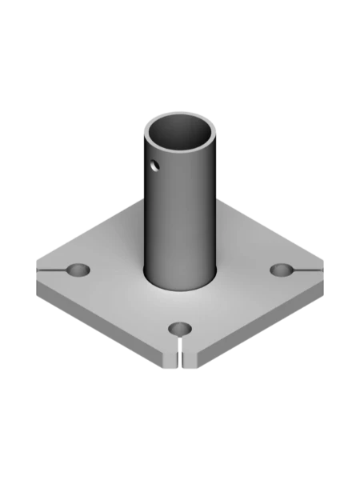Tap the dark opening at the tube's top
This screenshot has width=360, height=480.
point(182,136)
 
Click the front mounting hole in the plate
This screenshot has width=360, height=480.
point(181,329)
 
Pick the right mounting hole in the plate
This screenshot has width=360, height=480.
point(282,270)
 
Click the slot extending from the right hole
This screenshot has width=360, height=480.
point(307,271)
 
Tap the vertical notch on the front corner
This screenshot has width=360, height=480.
point(181,358)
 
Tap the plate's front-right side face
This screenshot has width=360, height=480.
point(256,324)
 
